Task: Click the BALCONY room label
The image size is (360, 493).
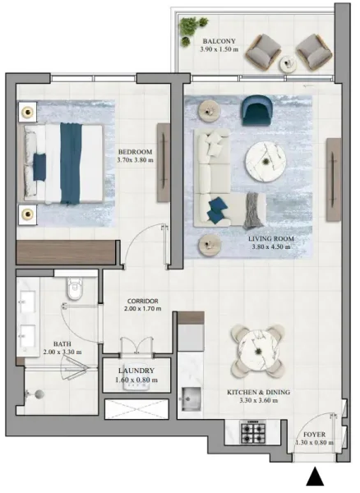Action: coord(219,40)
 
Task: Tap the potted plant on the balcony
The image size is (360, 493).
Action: coord(192,26)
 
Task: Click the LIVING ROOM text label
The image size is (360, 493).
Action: coord(270,237)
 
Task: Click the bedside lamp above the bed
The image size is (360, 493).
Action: coord(28,110)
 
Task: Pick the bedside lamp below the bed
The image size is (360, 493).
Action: coord(28,214)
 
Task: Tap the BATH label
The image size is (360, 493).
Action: coord(61,344)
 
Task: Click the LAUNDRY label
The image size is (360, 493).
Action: coord(136,371)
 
